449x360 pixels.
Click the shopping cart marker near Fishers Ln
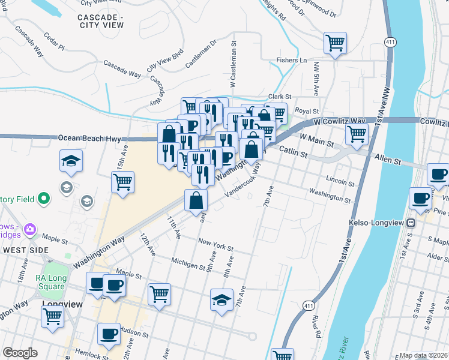coord(335,43)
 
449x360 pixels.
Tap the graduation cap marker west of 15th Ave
coord(71,161)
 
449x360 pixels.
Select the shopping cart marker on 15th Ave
coord(123,182)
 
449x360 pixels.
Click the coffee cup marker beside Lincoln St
coord(438,175)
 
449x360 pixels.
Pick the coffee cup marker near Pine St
coord(420,199)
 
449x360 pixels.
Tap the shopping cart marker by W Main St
coord(357,136)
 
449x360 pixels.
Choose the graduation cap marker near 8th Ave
coord(221,299)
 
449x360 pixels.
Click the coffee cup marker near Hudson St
coord(109,334)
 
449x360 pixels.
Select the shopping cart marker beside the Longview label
coord(52,316)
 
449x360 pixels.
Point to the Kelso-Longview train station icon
coord(411,223)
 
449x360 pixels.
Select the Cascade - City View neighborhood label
coord(101,21)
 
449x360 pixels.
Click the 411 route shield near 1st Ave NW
coord(390,41)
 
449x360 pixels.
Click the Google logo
coord(20,353)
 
